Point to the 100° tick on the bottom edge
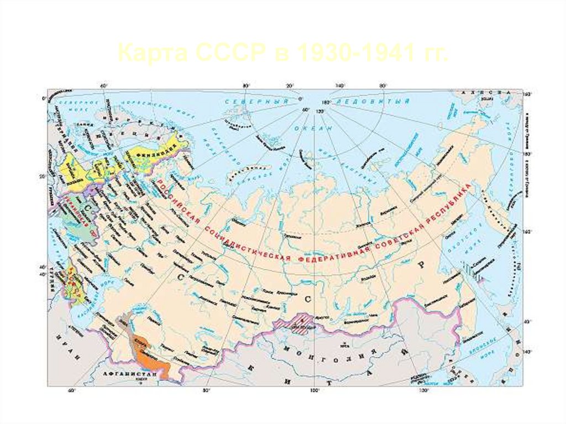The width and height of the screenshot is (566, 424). pyautogui.click(x=314, y=390)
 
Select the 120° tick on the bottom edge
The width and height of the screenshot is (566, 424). pyautogui.click(x=423, y=390)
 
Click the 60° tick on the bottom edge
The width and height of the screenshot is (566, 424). pyautogui.click(x=71, y=390)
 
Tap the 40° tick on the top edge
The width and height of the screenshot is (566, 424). pyautogui.click(x=103, y=86)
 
